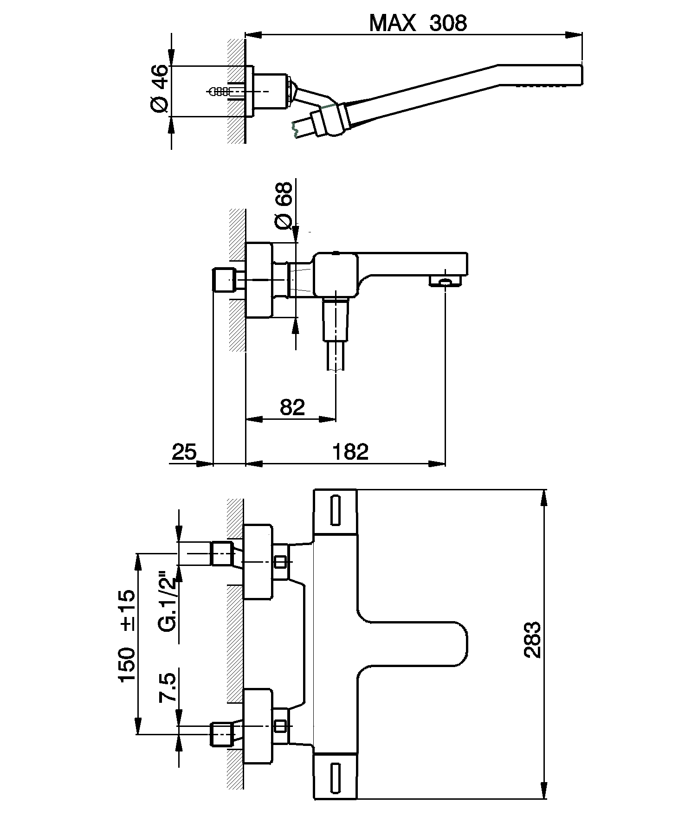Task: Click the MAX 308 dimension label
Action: (x=418, y=23)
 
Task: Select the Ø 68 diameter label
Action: (x=284, y=205)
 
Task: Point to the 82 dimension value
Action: (x=292, y=407)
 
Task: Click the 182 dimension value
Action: (x=350, y=451)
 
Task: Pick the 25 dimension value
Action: (x=184, y=451)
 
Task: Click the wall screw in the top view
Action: (x=219, y=91)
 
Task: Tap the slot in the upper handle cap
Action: (x=336, y=510)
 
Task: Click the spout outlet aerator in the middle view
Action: (x=445, y=281)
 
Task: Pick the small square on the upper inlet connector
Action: (x=280, y=562)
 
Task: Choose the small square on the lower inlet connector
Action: (x=280, y=726)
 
